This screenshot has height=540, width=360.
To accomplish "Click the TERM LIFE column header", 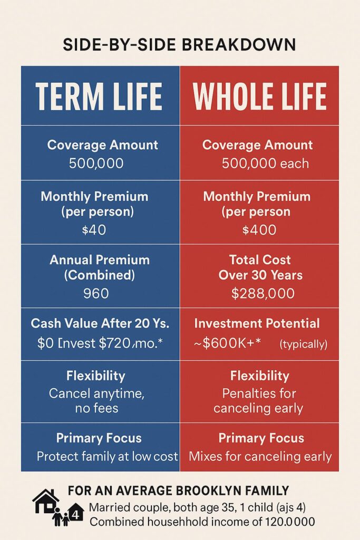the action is [99, 96].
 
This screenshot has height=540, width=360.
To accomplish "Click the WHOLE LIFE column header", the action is [259, 96].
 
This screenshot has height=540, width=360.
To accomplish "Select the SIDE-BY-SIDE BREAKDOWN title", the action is [179, 45].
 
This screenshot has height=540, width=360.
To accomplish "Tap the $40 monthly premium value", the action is [94, 230].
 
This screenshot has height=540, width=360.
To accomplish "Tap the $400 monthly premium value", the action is [259, 230].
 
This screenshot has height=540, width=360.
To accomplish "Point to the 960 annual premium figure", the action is [96, 293].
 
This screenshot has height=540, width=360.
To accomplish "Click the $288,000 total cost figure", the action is [263, 293].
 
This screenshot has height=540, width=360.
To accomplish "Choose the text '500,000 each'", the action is [265, 163].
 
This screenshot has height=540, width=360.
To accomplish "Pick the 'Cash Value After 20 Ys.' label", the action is [100, 323].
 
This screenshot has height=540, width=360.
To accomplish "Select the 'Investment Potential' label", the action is [257, 323].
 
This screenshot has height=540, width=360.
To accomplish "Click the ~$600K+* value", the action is [228, 343].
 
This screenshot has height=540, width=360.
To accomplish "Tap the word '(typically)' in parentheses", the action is [303, 344].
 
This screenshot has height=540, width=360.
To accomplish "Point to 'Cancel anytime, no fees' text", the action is [96, 401].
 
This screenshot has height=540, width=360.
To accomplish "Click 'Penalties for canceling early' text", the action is [258, 401].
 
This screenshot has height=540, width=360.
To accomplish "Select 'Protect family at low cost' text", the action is [108, 456].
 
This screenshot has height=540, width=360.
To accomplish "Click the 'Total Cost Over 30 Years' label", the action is [260, 267].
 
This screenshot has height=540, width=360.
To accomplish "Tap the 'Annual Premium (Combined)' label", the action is [100, 267].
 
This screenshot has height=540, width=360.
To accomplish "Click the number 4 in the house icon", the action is [76, 515].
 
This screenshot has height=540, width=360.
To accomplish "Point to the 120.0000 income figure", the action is [290, 522].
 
